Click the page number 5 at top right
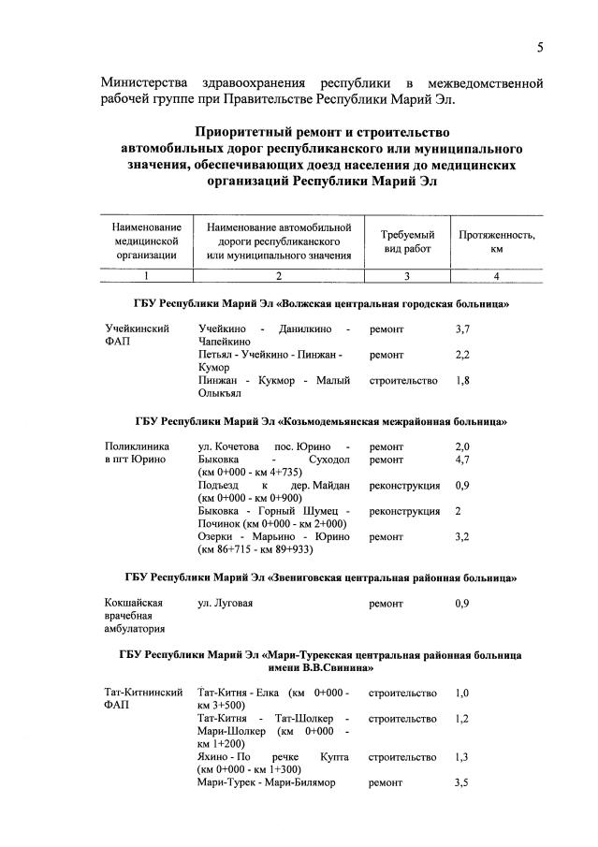point(540,48)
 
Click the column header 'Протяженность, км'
point(496,241)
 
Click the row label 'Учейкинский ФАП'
point(138,336)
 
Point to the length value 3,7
point(462,329)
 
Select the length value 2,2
point(462,356)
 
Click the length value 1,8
point(462,381)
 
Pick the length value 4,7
point(462,460)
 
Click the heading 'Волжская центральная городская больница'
point(322,305)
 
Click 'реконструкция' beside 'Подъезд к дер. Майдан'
point(404,486)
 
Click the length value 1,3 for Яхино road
point(462,756)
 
